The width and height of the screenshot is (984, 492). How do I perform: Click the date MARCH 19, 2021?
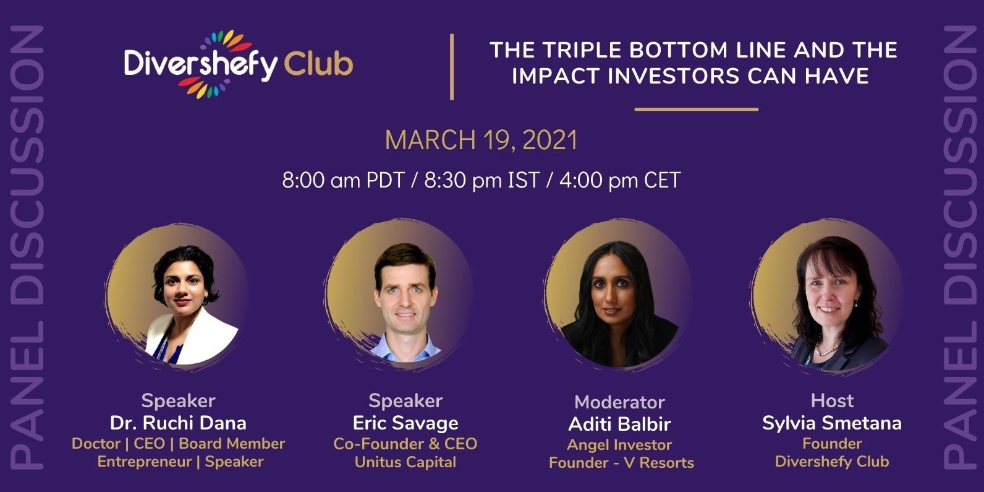(481, 140)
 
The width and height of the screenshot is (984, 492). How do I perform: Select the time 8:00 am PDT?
(343, 180)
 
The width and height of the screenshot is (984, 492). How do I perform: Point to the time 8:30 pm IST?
(481, 180)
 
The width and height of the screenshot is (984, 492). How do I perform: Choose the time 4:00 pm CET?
(621, 180)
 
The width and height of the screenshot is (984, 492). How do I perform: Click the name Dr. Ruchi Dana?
(178, 423)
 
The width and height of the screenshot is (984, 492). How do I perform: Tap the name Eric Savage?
(405, 423)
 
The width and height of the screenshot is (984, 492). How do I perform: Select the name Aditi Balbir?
(619, 425)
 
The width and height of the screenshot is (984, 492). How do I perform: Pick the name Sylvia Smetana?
(831, 423)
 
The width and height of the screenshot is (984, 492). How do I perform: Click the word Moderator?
(619, 402)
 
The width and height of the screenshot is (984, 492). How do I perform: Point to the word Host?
(832, 400)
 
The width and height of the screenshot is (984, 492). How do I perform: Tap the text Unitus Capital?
(405, 462)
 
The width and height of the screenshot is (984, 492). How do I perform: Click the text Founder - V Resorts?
(621, 462)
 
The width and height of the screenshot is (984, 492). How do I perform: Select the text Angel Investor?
(619, 444)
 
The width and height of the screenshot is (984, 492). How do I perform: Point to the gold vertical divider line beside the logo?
(452, 67)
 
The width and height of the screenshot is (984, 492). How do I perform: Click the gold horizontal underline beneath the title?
(696, 109)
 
